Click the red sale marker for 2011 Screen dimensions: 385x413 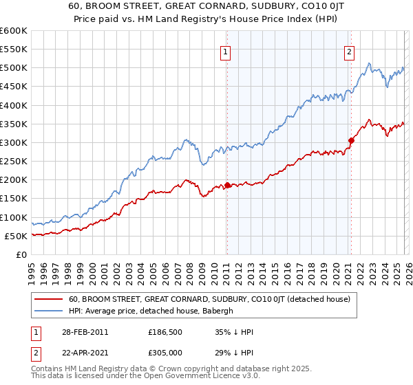[227, 185]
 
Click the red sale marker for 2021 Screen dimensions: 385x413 [351, 140]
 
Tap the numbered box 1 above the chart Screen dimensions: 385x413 [226, 50]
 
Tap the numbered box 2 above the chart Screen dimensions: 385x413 [350, 50]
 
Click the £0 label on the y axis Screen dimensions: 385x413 [20, 255]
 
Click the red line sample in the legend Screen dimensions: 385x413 [50, 299]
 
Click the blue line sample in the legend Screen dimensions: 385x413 [50, 311]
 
